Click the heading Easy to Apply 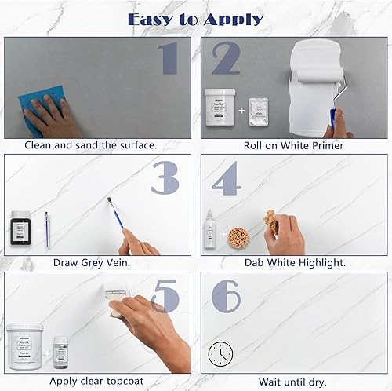point(196,18)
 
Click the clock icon point(220,355)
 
